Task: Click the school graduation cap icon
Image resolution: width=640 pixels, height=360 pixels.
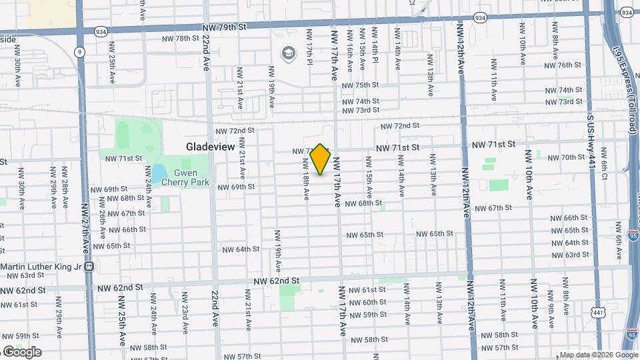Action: (288, 52)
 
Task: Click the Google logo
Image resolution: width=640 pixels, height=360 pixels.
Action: (22, 352)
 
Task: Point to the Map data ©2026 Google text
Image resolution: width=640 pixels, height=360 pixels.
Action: (598, 355)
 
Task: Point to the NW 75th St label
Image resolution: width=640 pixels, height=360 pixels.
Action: (360, 85)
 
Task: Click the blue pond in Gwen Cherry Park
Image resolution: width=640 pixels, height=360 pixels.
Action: (159, 175)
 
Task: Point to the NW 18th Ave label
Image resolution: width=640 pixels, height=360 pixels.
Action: (305, 179)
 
